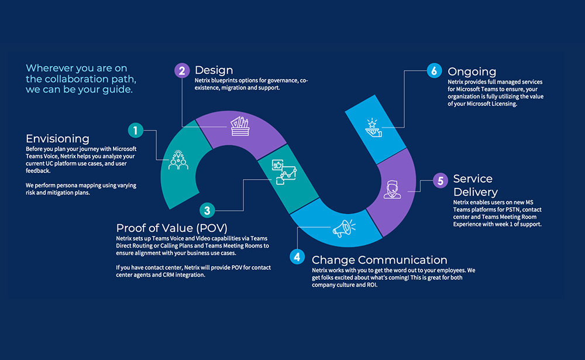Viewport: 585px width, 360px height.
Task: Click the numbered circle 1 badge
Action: (x=136, y=129)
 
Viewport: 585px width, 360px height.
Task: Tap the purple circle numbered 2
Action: (x=183, y=71)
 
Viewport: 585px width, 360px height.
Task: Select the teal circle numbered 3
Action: (x=207, y=210)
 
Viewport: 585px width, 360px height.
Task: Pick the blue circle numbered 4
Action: (x=298, y=256)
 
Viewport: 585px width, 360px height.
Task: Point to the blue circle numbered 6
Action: (x=433, y=71)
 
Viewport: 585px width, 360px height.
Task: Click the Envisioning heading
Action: (x=57, y=139)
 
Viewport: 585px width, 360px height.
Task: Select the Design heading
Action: (x=214, y=71)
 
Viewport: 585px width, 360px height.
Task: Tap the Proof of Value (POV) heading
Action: (x=171, y=228)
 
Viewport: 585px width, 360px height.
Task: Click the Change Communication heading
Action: (x=379, y=260)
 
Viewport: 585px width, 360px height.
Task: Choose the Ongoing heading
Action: (x=472, y=71)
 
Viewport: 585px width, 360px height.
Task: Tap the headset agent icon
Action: (x=392, y=190)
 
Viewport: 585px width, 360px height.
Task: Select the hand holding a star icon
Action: (x=373, y=126)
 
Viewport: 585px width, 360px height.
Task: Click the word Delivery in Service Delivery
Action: (x=476, y=192)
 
